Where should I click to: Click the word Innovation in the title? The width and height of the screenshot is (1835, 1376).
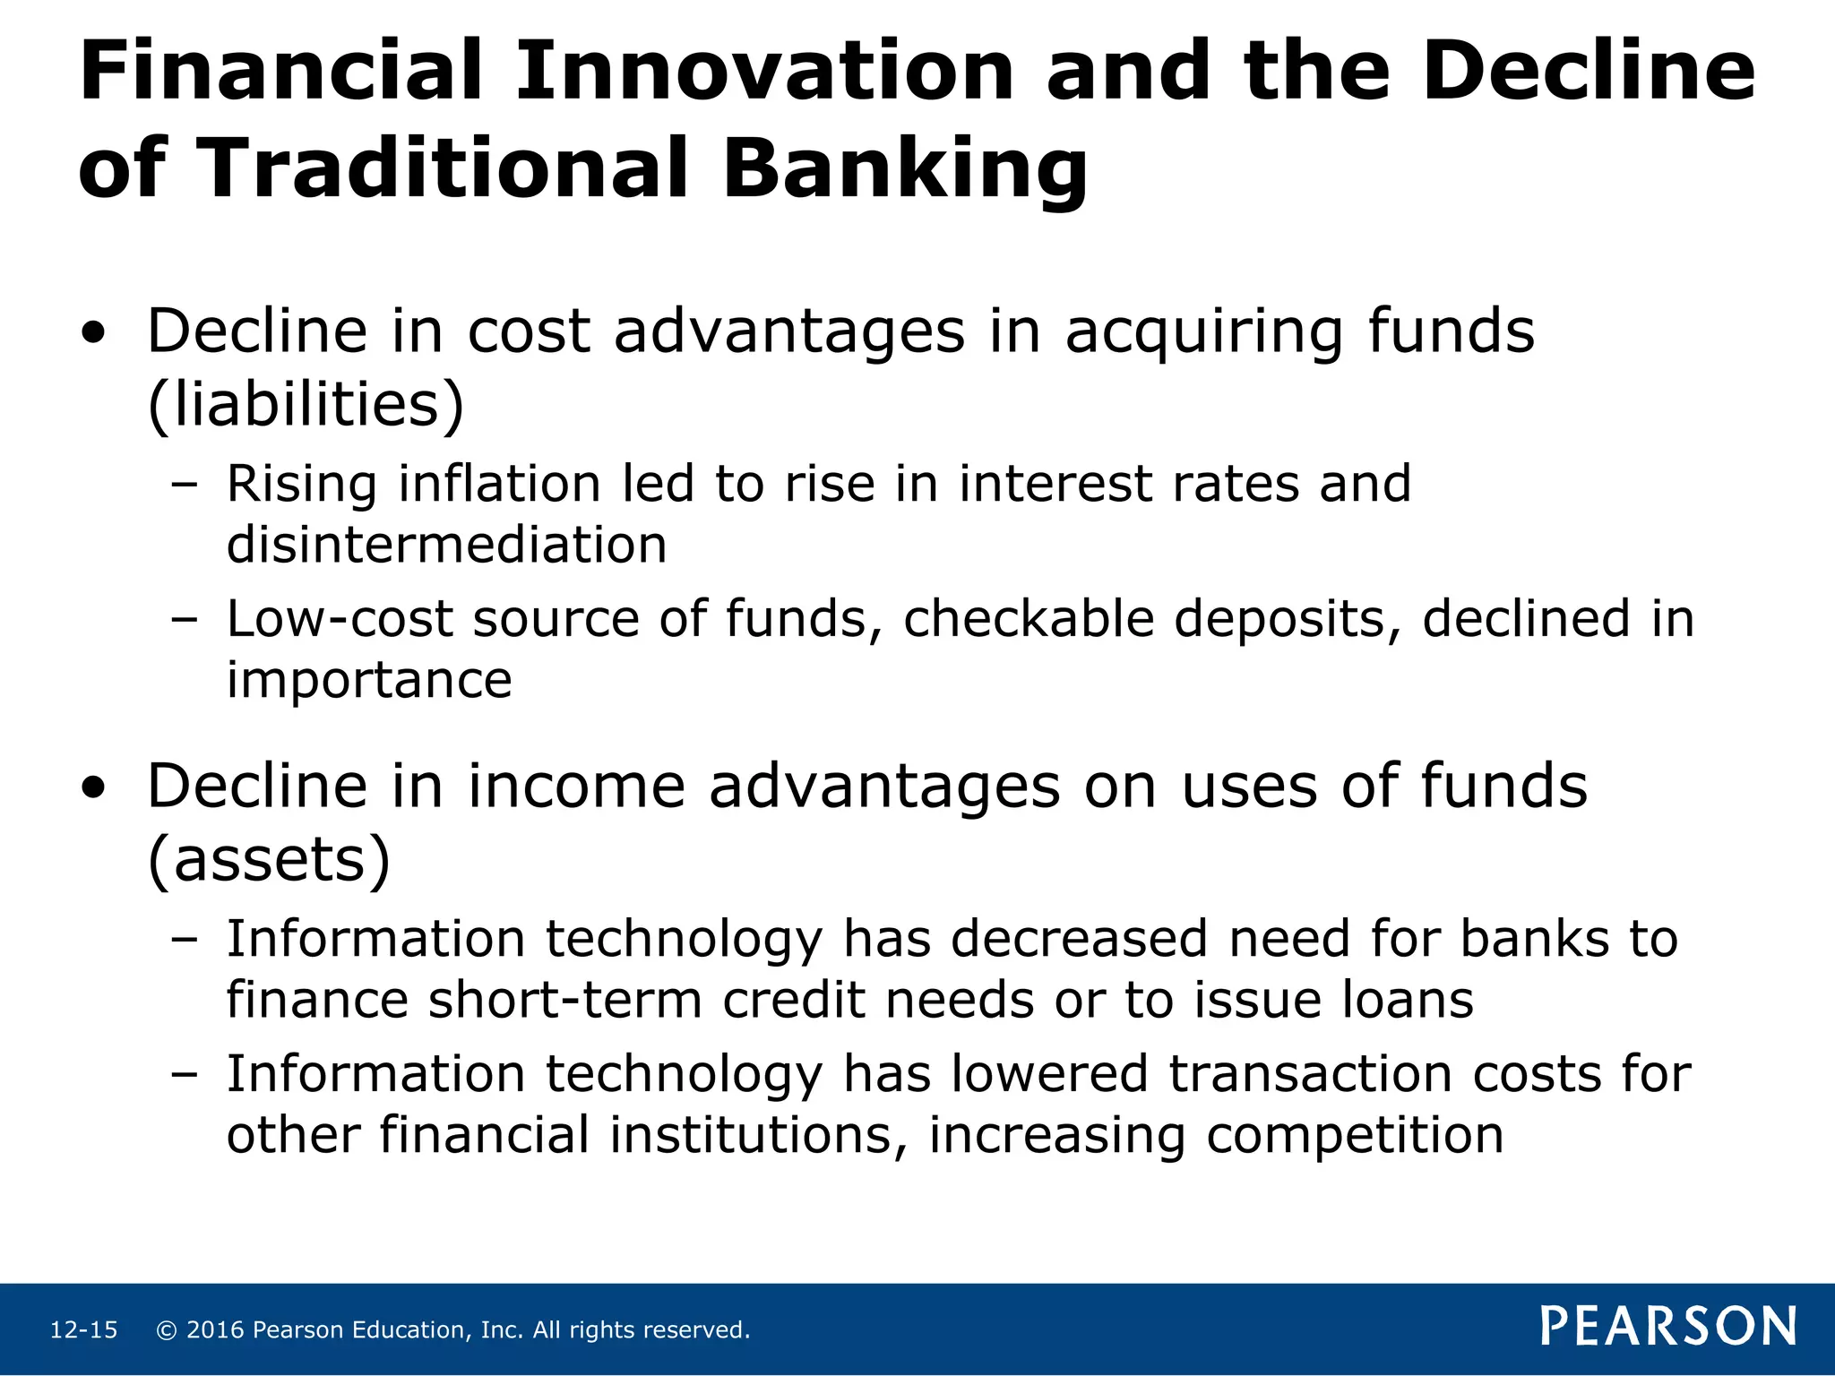(x=763, y=72)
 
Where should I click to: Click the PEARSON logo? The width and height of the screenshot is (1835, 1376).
(x=1668, y=1327)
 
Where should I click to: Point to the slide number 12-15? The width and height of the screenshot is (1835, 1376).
(x=83, y=1330)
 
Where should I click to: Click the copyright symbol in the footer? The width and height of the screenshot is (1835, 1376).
(x=166, y=1330)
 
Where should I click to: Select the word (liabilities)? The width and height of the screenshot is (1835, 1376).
(x=306, y=405)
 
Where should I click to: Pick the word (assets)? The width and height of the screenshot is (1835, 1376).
(x=269, y=860)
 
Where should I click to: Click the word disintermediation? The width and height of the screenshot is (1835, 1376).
(x=446, y=545)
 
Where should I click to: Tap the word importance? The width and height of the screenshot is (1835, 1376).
(x=369, y=680)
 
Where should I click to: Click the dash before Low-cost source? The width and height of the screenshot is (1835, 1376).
(x=184, y=620)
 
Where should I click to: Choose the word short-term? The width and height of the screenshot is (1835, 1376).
(x=564, y=1000)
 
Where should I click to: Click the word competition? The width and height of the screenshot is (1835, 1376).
(x=1354, y=1136)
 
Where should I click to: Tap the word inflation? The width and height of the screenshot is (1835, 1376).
(x=499, y=485)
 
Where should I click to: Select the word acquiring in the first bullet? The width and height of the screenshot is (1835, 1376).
(x=1204, y=333)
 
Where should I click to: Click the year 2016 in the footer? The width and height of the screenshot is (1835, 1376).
(x=215, y=1330)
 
